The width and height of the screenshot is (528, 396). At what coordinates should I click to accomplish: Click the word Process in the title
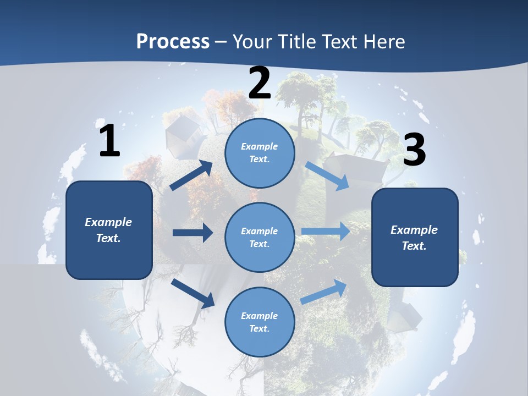coord(173,41)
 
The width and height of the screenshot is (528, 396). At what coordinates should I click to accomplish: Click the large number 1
coord(109,141)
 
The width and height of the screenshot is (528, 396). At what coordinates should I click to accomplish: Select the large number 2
coord(260,83)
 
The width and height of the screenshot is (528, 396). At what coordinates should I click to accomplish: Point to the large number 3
coord(414,150)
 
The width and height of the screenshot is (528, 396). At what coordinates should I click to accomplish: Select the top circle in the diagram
coord(260,153)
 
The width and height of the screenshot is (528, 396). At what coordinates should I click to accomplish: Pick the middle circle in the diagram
coord(260,237)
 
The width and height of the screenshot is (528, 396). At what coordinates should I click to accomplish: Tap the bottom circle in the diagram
coord(260,322)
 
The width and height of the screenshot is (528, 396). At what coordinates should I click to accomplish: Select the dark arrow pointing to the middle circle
coord(193,233)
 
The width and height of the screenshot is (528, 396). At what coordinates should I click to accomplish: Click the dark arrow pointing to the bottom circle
coord(193,293)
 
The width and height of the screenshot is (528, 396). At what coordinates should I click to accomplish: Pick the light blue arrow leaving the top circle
coord(327,175)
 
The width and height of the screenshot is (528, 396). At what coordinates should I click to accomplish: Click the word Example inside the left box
coord(108,222)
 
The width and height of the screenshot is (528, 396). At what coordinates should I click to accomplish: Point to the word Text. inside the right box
coord(414,246)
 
